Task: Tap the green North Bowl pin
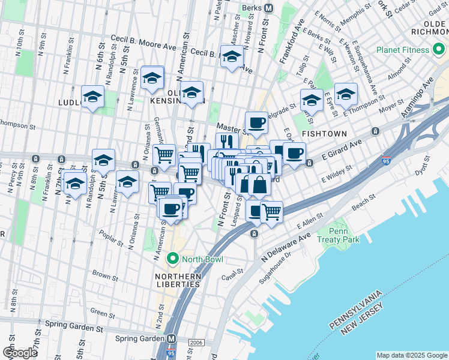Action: tap(173, 259)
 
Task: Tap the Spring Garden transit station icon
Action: tap(171, 338)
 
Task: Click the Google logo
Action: tap(19, 353)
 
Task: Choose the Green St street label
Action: tap(102, 314)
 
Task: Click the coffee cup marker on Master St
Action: tap(256, 122)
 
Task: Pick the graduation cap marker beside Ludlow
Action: tap(92, 97)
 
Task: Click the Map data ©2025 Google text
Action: tap(411, 355)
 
